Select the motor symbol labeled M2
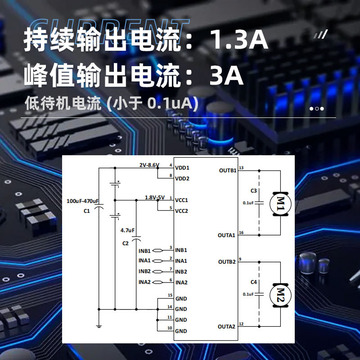281,296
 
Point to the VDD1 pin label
182,167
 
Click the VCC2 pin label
182,210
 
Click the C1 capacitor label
87,211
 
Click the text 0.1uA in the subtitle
171,103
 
